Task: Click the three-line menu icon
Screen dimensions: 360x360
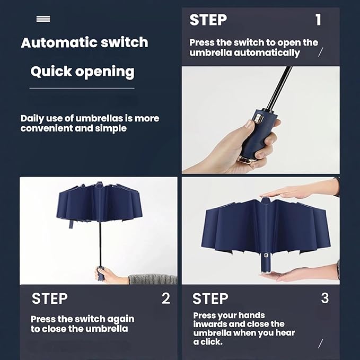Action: (43, 19)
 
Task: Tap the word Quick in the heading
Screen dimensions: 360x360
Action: (51, 72)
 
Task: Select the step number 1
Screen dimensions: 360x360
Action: (318, 20)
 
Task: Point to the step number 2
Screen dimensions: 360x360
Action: (166, 298)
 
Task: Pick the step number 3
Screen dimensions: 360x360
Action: (324, 298)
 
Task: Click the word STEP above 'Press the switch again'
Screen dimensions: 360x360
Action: (50, 298)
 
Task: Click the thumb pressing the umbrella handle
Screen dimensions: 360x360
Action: (249, 125)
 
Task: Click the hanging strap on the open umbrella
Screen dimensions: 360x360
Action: (72, 223)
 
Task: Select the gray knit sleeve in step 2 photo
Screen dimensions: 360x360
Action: (153, 279)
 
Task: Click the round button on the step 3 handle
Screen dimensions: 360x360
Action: (266, 255)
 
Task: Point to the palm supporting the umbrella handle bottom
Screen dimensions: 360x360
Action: (298, 273)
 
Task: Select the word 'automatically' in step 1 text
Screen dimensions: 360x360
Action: (267, 53)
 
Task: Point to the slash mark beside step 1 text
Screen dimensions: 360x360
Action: (321, 52)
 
